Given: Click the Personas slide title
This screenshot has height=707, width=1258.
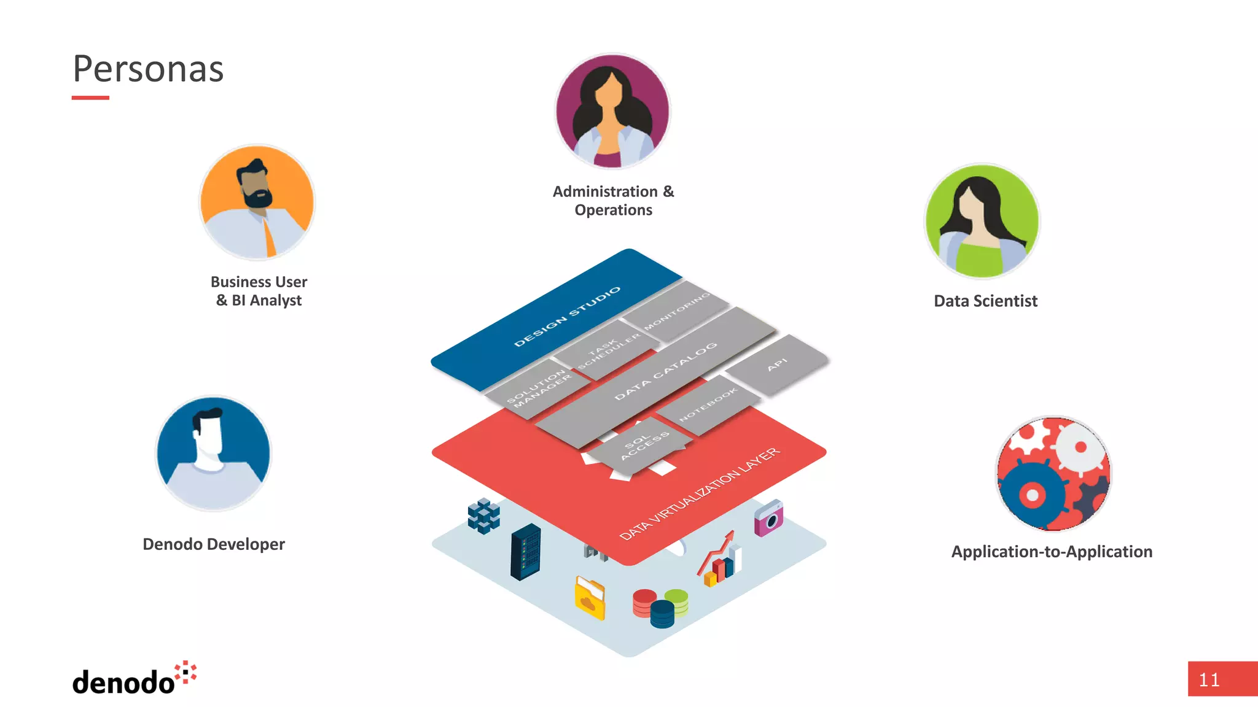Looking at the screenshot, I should click(x=148, y=69).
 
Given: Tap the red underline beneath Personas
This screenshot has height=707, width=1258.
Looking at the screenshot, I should click(x=90, y=98).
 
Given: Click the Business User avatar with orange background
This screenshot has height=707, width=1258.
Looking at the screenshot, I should click(x=257, y=202).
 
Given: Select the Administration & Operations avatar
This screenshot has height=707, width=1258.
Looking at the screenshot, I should click(x=612, y=111).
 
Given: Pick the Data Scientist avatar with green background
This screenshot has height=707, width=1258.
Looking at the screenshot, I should click(x=982, y=221).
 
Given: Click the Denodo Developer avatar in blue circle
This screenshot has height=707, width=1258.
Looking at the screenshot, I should click(x=213, y=454).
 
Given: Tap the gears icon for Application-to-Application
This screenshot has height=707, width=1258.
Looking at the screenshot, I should click(x=1053, y=473).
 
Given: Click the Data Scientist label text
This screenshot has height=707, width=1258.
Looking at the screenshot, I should click(x=985, y=301).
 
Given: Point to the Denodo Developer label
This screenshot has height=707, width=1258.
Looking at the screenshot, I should click(x=214, y=544).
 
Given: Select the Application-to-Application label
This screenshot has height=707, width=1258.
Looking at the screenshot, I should click(x=1052, y=552).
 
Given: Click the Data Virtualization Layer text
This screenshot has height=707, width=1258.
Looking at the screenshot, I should click(x=700, y=495).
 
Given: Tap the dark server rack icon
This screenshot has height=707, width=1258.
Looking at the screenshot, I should click(x=525, y=552).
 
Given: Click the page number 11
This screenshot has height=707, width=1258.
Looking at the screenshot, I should click(x=1209, y=680).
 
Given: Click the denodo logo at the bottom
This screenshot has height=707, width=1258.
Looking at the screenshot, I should click(x=134, y=679).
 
